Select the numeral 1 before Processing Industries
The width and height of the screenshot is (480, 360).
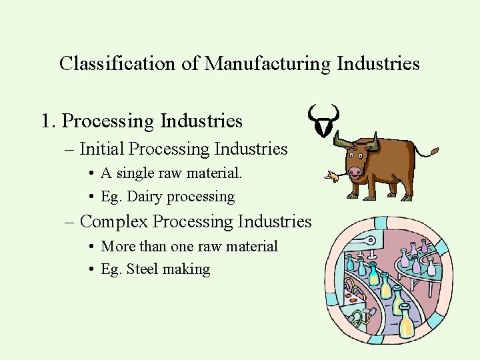click(46, 121)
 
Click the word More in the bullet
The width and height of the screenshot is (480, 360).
click(118, 246)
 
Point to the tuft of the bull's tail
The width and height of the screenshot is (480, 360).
click(434, 152)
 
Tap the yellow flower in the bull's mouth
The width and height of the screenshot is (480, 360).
click(329, 176)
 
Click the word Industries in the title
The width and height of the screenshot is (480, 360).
click(379, 64)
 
